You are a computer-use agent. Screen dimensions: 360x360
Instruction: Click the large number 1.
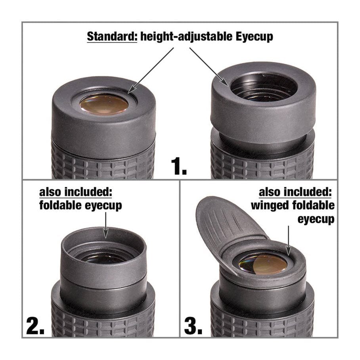click(x=179, y=166)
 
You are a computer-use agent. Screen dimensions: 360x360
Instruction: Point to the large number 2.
click(x=35, y=326)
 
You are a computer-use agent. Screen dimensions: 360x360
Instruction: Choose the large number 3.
click(x=193, y=326)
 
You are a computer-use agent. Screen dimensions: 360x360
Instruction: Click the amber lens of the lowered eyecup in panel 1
click(x=104, y=104)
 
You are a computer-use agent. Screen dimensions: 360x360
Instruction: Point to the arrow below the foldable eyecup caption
click(x=105, y=225)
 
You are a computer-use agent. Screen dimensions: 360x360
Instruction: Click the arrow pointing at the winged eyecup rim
click(x=289, y=240)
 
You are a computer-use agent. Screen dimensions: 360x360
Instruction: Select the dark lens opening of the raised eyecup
click(x=264, y=88)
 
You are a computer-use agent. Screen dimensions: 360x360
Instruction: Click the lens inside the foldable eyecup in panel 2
click(x=104, y=258)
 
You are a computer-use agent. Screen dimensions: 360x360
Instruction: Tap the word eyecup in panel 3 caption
click(x=316, y=219)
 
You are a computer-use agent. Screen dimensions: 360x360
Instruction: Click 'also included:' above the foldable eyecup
click(x=76, y=192)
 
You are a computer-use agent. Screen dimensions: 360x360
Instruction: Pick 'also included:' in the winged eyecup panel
click(x=295, y=192)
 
